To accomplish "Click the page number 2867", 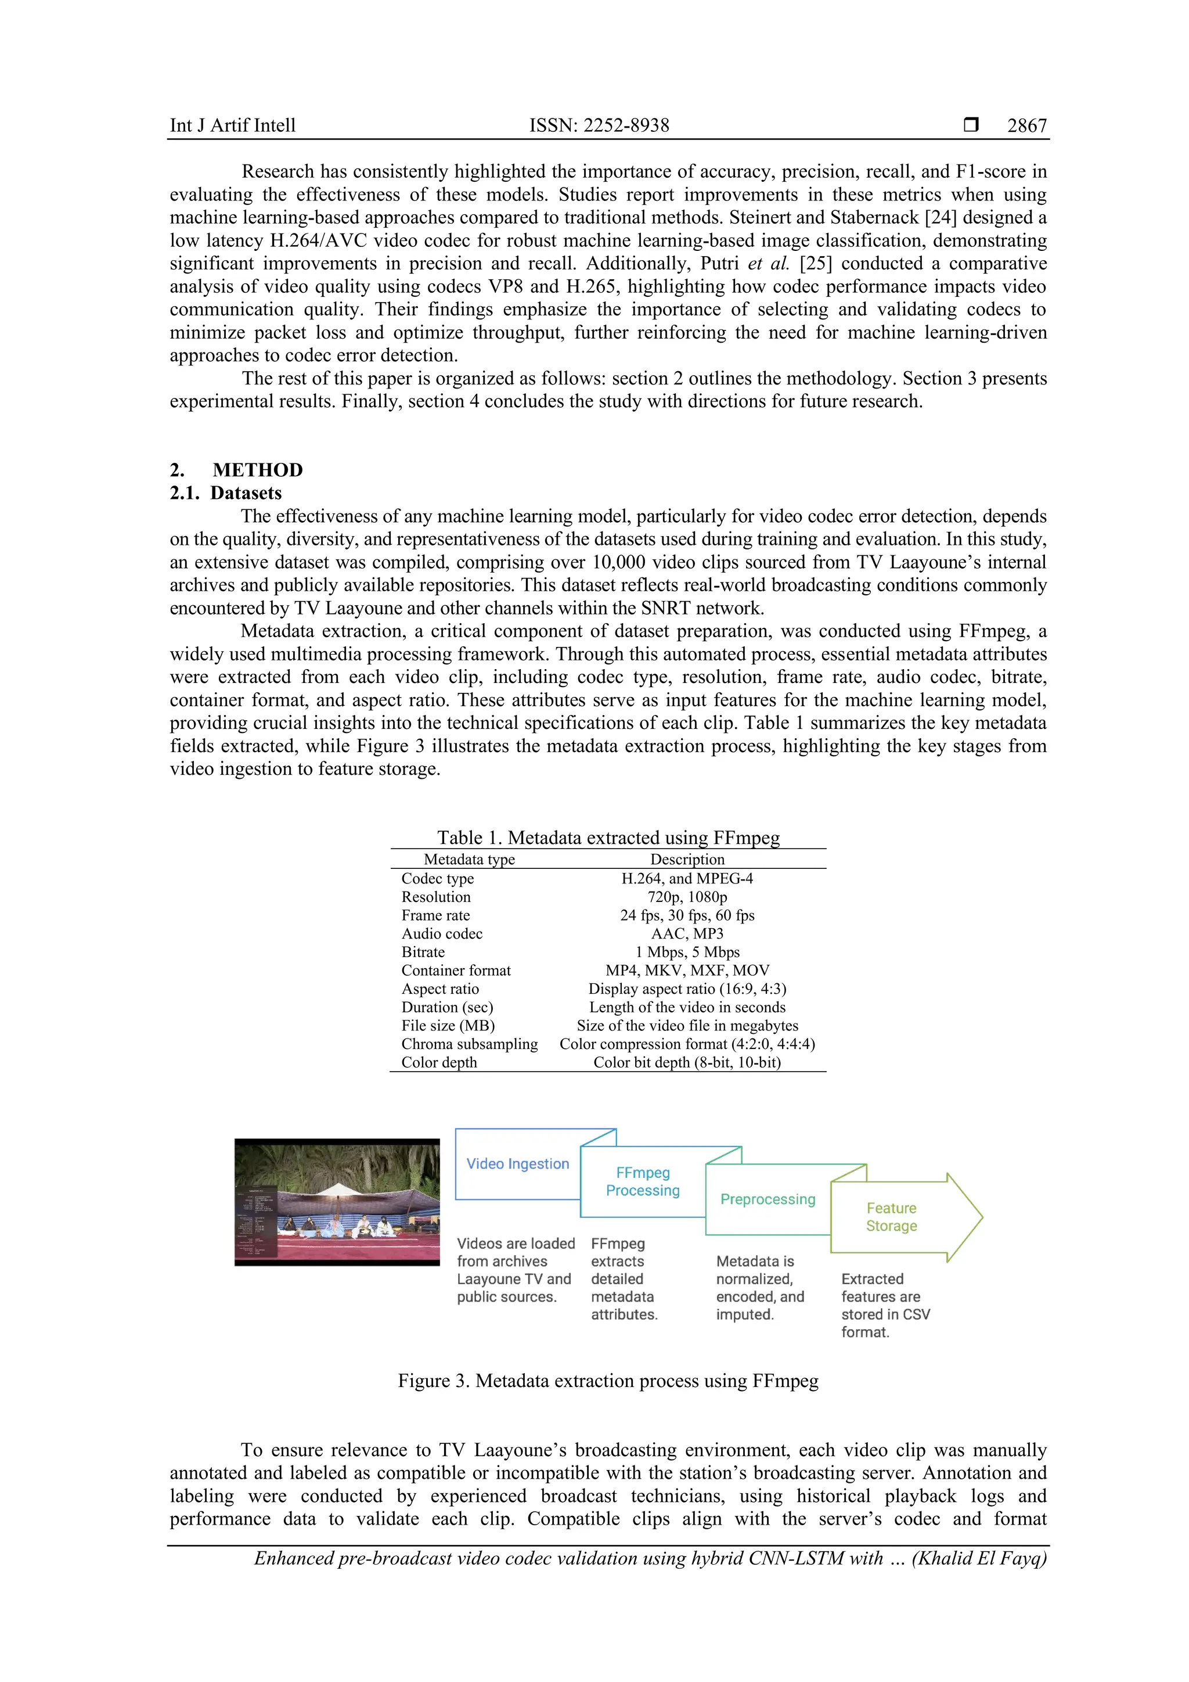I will (1026, 125).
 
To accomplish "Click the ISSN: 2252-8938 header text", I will (599, 125).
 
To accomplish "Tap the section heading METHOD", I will (258, 470).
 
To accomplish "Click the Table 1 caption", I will (608, 838).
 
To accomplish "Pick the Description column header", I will (687, 860).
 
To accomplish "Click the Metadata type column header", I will (469, 860).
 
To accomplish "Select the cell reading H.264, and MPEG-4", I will (687, 878).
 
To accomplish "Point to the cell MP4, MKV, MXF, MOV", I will (687, 970).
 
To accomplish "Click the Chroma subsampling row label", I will (469, 1044).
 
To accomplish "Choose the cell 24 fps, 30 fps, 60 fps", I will (687, 915).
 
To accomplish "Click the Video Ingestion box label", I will (518, 1163).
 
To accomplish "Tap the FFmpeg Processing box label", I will (643, 1182).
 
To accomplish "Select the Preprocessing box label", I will (768, 1199).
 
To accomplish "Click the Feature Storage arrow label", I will (891, 1217).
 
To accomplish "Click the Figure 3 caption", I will (608, 1381).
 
